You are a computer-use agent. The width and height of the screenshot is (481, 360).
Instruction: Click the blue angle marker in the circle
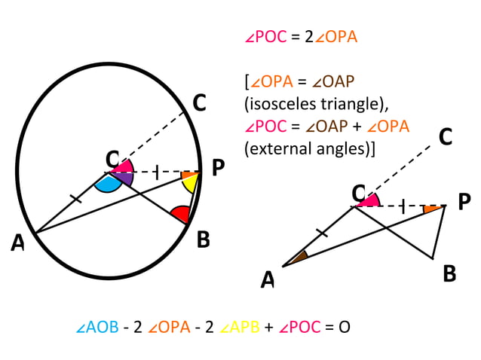coord(110,183)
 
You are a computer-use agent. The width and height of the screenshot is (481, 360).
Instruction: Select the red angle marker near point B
coord(181,215)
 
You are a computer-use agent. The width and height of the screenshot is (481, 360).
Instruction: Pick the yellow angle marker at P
coord(192,184)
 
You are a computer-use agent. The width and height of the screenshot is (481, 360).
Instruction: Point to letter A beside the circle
coord(17,243)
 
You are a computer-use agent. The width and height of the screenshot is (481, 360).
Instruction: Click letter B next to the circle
coord(203,240)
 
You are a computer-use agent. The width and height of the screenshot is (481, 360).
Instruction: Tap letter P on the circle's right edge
coord(218,169)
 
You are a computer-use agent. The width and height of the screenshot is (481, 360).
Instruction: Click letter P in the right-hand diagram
coord(464,202)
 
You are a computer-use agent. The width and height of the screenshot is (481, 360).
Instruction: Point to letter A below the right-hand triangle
coord(268,280)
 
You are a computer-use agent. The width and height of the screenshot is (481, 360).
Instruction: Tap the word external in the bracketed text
coord(279,148)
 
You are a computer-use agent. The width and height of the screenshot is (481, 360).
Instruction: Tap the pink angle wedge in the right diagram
coord(369,200)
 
